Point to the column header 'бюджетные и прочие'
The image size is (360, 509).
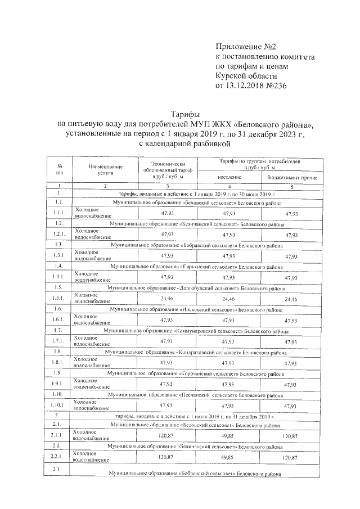[x=291, y=178]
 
